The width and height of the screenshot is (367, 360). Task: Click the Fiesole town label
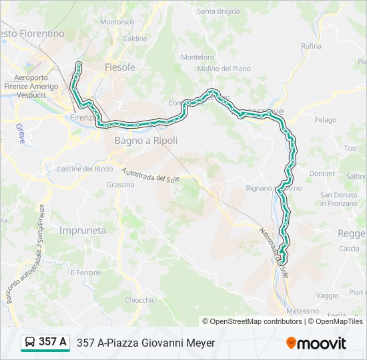click(120, 67)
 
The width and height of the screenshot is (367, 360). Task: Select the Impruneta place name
click(82, 230)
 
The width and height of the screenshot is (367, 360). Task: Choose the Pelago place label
click(326, 120)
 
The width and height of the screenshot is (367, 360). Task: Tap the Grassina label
click(120, 185)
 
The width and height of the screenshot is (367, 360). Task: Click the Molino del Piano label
click(224, 69)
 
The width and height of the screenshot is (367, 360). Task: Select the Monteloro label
click(198, 57)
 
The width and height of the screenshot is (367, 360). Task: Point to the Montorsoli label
click(117, 22)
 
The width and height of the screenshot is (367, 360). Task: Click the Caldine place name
click(135, 39)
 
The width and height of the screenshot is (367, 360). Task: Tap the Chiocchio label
click(140, 300)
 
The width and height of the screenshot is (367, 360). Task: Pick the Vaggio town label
click(327, 295)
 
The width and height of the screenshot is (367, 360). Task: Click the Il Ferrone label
click(85, 273)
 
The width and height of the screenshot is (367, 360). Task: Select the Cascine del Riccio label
click(85, 169)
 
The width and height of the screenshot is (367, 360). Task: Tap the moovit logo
click(316, 343)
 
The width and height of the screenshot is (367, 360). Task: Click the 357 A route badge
click(45, 343)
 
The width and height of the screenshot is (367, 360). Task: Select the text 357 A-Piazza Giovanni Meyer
click(146, 343)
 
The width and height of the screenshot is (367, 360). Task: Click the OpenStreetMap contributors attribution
click(256, 321)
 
